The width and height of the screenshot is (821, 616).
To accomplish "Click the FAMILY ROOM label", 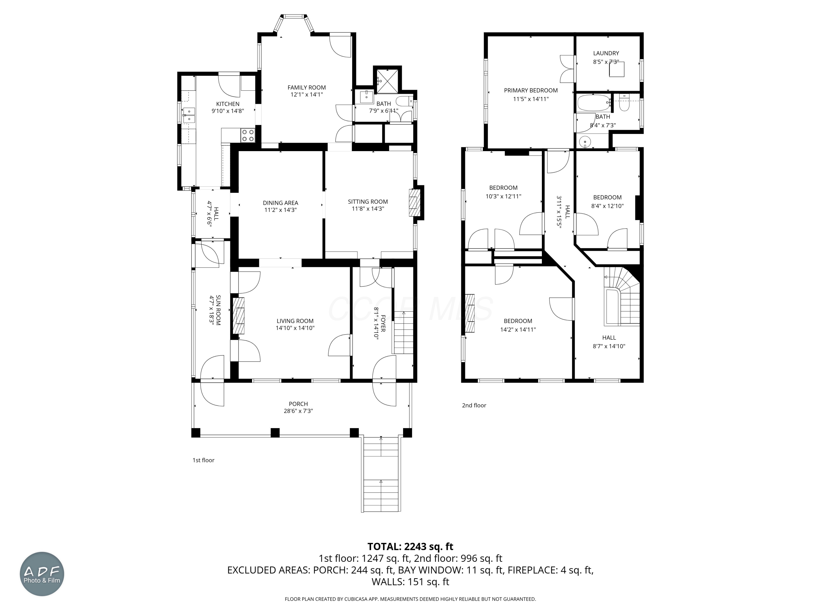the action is coord(307,88).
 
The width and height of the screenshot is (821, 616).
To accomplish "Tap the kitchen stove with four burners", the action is coord(248,136).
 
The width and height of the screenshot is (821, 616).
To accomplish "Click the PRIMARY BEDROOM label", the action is coord(531,90).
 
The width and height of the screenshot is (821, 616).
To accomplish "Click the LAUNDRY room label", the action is coord(606,53).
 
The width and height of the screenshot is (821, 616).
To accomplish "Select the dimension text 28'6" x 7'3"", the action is coord(298,411).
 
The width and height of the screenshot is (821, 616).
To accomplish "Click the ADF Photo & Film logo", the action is coord(42,574).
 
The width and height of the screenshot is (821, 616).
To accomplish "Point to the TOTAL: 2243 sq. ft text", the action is coord(410,546).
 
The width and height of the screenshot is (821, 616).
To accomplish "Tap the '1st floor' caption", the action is coord(203,460).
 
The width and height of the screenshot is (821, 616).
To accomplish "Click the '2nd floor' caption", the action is coord(474,405).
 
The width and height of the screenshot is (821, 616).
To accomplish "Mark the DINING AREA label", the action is coord(280,203).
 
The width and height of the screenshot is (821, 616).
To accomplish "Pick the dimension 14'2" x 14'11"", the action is coord(518,329).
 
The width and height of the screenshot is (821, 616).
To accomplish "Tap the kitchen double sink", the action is coord(189,115).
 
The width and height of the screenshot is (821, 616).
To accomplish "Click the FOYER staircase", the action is coord(403,332).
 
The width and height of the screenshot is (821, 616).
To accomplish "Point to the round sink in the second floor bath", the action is coord(585,142).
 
